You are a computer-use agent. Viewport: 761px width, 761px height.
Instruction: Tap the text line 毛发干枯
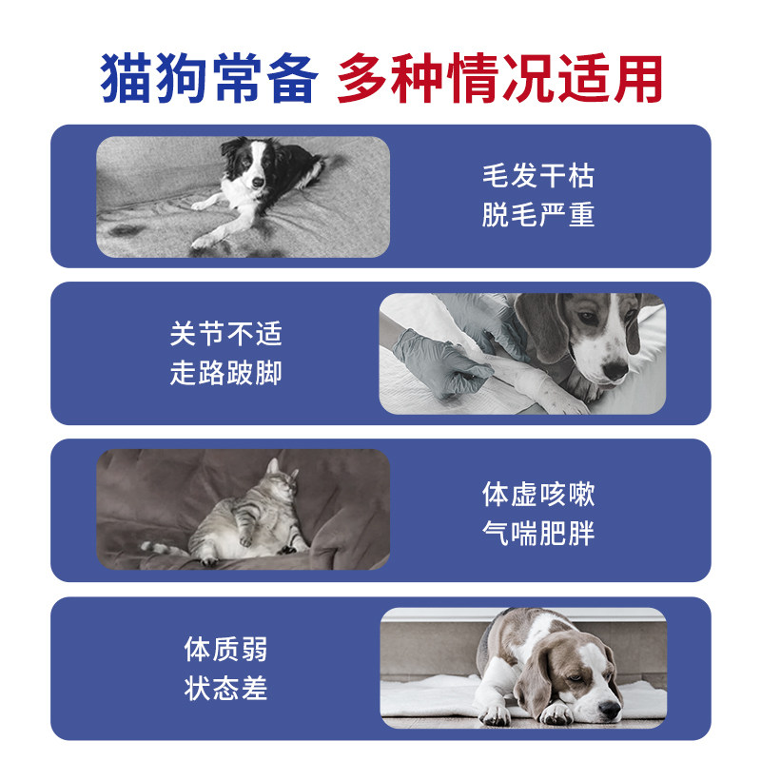point(537,176)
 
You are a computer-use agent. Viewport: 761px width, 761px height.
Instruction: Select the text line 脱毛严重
point(537,214)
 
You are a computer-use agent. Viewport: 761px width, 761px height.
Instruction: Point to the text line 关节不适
point(226,334)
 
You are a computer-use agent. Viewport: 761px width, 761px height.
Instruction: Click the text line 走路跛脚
point(226,372)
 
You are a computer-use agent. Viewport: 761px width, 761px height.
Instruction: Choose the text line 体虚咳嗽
point(537,495)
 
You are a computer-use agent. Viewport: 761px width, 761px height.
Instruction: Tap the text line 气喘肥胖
point(537,533)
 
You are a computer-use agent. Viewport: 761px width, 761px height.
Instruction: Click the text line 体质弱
point(226,650)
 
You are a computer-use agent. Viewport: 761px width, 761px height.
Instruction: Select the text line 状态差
point(226,688)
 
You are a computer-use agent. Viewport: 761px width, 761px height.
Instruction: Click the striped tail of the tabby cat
point(162,549)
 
